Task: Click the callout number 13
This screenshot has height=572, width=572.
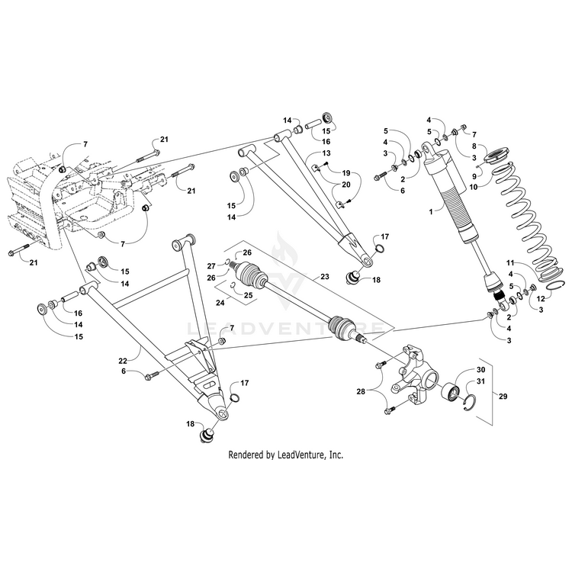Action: (x=325, y=153)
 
